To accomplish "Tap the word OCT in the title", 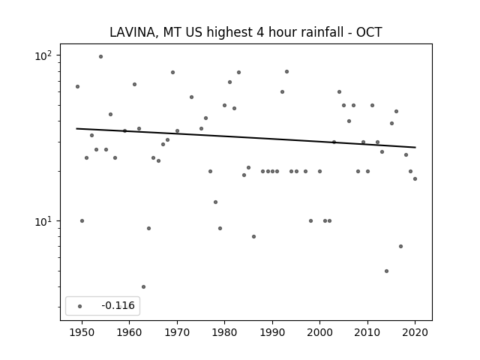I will [369, 32].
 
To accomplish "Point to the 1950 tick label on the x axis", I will [82, 331].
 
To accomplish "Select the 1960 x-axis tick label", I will [130, 331].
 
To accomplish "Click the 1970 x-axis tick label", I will [177, 331].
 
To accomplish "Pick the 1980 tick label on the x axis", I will [224, 331].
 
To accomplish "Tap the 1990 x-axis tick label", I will [272, 331].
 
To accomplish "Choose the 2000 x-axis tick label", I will [319, 331].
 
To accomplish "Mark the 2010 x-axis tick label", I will [367, 331].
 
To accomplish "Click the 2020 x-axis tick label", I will [415, 331].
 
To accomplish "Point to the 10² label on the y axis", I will [47, 56].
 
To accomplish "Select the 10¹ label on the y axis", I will [47, 221].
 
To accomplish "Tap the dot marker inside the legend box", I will [79, 306].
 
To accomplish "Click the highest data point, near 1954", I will [100, 56].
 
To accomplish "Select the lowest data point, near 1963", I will [143, 286].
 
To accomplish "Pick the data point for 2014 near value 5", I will [386, 271].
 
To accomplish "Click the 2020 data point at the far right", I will [415, 178].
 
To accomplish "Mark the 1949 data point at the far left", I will [77, 86].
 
